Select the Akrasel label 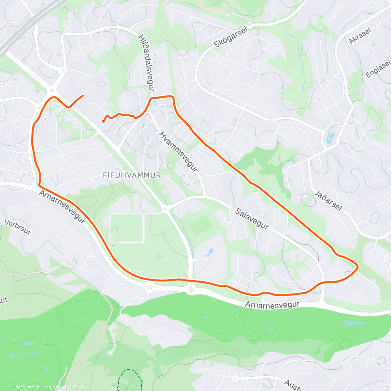[x=360, y=36]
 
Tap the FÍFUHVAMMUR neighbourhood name [x=132, y=175]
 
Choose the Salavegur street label [x=252, y=219]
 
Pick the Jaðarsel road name [x=328, y=200]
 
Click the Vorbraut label [x=18, y=227]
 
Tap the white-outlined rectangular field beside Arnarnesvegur [x=126, y=228]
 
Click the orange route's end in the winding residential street [x=103, y=121]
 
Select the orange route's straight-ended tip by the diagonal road [x=83, y=95]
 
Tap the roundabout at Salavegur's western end [x=166, y=209]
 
